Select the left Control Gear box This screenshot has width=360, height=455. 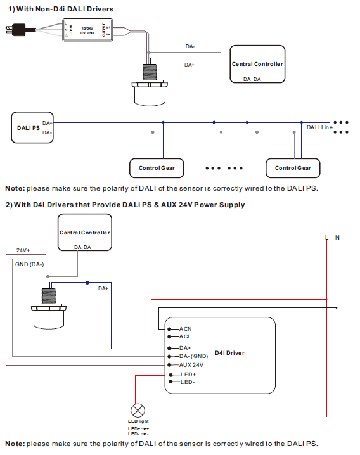coord(157,168)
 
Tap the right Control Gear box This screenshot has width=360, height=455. coord(293,168)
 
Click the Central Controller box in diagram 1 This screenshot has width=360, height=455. coord(257,64)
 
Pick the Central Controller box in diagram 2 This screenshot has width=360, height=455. coord(84,232)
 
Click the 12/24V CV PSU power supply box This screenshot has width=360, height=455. coord(87,29)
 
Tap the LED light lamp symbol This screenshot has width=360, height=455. coord(136,409)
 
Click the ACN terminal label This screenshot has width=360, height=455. coord(185,329)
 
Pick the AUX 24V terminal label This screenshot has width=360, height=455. coord(191,365)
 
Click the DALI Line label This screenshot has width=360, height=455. coord(319,127)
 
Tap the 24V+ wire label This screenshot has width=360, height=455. coord(23,250)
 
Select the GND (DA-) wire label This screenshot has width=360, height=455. coord(29,264)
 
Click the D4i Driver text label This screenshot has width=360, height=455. coord(229,352)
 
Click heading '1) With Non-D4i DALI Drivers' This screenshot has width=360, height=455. coord(61,9)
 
